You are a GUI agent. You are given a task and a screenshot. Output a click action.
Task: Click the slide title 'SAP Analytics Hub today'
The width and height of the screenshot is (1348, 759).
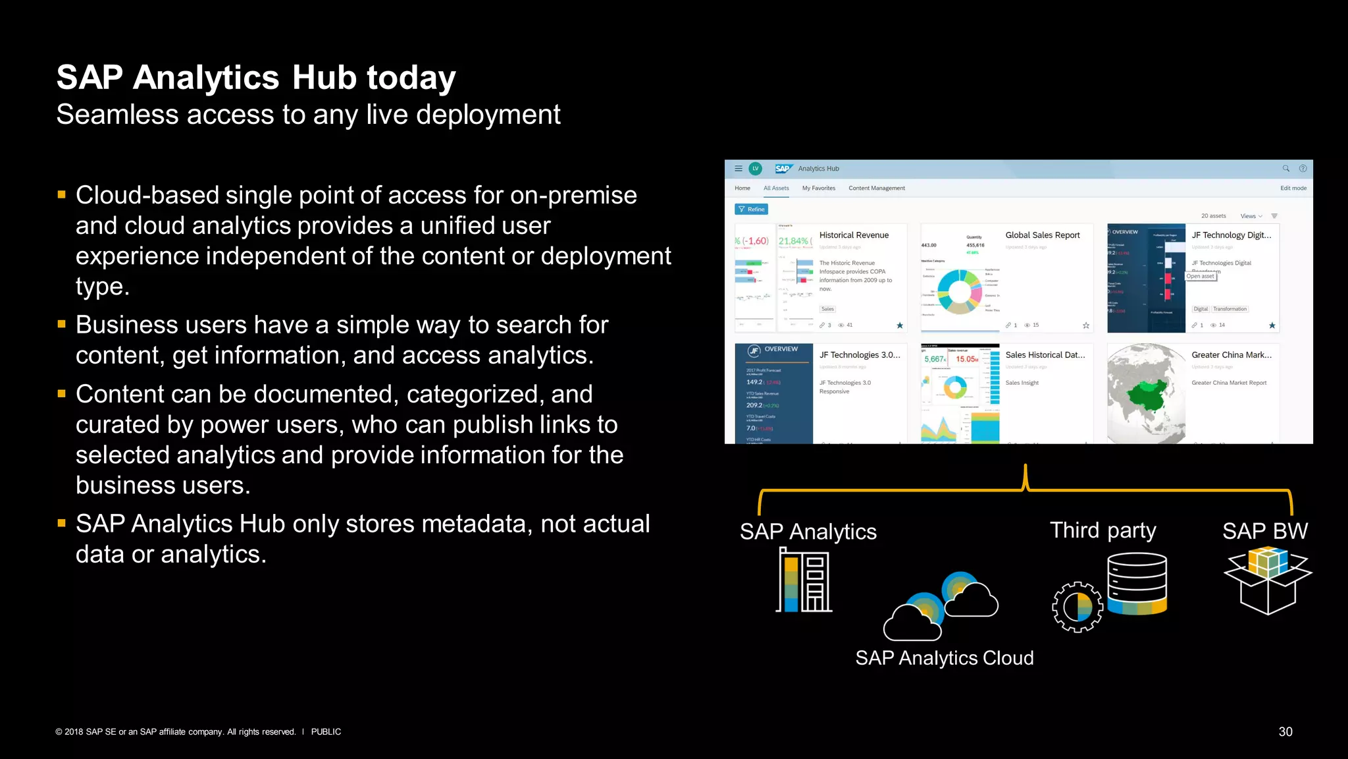pyautogui.click(x=256, y=78)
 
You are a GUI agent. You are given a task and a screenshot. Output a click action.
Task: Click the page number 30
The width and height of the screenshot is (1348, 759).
pyautogui.click(x=1285, y=731)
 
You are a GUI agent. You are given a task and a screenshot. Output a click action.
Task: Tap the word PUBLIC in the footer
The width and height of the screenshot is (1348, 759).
pyautogui.click(x=326, y=731)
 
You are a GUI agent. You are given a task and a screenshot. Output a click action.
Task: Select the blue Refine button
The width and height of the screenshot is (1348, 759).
pyautogui.click(x=751, y=210)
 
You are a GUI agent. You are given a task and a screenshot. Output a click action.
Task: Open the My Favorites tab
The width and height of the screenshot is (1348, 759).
pyautogui.click(x=818, y=188)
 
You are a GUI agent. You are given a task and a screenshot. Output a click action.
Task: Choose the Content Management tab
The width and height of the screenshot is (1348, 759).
pyautogui.click(x=876, y=188)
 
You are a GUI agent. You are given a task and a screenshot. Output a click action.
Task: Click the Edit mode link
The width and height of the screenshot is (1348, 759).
pyautogui.click(x=1293, y=188)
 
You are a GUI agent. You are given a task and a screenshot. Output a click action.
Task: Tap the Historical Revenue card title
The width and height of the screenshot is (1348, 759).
pyautogui.click(x=854, y=235)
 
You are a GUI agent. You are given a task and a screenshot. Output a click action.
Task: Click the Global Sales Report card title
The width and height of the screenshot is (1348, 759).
pyautogui.click(x=1042, y=235)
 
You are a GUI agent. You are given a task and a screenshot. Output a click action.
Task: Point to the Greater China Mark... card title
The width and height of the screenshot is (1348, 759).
pyautogui.click(x=1231, y=355)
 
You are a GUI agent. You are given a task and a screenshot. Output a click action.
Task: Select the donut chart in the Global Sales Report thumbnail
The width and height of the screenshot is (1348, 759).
pyautogui.click(x=959, y=291)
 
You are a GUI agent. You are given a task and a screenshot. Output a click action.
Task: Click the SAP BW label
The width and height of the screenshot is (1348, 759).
pyautogui.click(x=1264, y=531)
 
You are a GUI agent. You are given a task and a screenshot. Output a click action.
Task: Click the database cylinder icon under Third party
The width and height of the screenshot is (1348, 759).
pyautogui.click(x=1137, y=583)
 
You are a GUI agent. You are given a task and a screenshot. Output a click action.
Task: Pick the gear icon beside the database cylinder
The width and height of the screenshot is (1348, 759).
pyautogui.click(x=1077, y=607)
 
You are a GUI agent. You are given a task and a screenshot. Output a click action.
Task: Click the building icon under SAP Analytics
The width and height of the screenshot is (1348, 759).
pyautogui.click(x=804, y=580)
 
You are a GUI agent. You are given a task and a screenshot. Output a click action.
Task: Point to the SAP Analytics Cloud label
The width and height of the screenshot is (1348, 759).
pyautogui.click(x=944, y=658)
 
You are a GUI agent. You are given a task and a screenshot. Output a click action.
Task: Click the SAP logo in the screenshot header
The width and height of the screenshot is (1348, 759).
pyautogui.click(x=783, y=169)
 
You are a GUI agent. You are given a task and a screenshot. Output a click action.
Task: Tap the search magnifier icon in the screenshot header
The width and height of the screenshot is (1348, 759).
pyautogui.click(x=1285, y=169)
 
